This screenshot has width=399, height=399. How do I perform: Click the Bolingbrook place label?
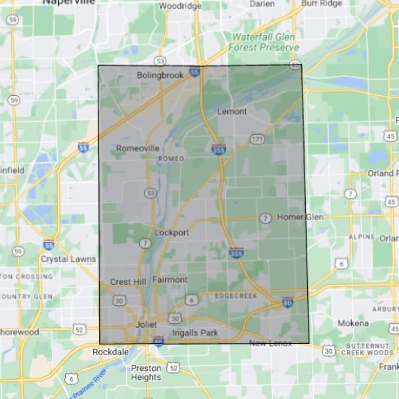(160, 76)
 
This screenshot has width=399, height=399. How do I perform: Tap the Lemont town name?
(231, 112)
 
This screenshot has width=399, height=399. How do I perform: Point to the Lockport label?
(172, 233)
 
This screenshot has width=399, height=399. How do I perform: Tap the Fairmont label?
(170, 279)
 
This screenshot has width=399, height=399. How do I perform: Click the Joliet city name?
(146, 325)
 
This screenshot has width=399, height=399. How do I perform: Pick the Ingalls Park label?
(195, 332)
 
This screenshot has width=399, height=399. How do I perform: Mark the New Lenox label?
(271, 342)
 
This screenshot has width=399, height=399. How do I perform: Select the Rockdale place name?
(110, 351)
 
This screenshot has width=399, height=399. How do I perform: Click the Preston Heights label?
(146, 372)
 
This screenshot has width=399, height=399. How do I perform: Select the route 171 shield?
(258, 139)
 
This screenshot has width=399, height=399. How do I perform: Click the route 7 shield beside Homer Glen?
(265, 218)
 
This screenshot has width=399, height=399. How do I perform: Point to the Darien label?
(262, 3)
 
